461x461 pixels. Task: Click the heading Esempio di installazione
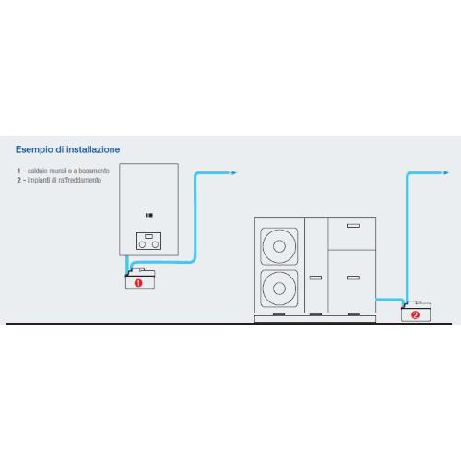point(67,149)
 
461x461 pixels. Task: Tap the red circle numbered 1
point(138,283)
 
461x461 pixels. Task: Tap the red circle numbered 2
point(415,315)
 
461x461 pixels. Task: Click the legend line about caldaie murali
point(64,171)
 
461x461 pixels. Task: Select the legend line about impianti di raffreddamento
point(59,180)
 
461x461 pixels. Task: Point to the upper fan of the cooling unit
point(279,246)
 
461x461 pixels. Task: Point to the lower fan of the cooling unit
point(279,289)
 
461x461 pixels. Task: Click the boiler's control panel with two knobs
point(148,241)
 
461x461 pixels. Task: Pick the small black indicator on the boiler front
point(149,215)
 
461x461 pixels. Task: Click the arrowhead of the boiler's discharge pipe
point(233,172)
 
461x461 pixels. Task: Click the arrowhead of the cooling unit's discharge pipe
point(446,173)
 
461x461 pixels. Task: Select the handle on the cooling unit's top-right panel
point(353,226)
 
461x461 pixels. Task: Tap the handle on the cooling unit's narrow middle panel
point(315,278)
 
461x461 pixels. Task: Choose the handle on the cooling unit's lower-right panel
point(353,278)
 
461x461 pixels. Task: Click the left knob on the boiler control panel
point(142,244)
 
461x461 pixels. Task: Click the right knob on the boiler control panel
point(156,244)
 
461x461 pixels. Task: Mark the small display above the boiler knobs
point(148,236)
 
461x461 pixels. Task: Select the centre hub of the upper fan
point(279,246)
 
